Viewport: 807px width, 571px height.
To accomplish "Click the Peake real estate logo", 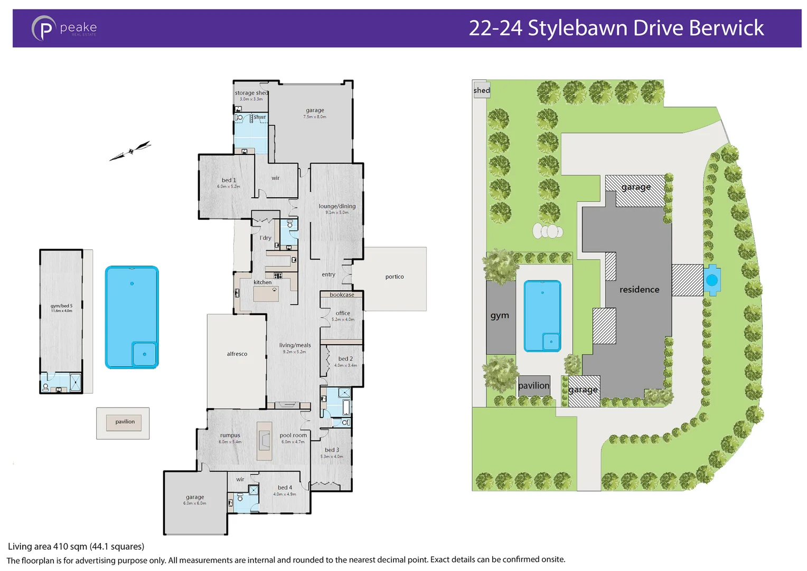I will pyautogui.click(x=64, y=28).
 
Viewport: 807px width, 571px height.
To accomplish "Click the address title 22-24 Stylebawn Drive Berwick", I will pyautogui.click(x=616, y=28).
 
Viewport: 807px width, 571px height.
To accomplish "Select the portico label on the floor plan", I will pyautogui.click(x=394, y=277).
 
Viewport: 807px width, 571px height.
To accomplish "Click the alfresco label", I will pyautogui.click(x=237, y=354).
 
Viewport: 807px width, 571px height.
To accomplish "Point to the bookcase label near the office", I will pyautogui.click(x=342, y=294).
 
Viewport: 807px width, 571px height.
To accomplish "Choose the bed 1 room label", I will pyautogui.click(x=229, y=180).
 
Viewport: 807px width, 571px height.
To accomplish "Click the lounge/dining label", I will pyautogui.click(x=337, y=206).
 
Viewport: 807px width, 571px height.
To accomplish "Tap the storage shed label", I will pyautogui.click(x=251, y=93).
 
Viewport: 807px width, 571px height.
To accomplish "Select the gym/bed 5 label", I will pyautogui.click(x=61, y=306).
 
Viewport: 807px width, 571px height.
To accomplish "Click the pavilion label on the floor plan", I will pyautogui.click(x=125, y=422).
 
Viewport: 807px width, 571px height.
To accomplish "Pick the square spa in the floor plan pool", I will pyautogui.click(x=144, y=354).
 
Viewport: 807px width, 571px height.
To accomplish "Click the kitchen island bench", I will pyautogui.click(x=266, y=293).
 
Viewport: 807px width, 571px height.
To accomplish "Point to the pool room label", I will pyautogui.click(x=293, y=435).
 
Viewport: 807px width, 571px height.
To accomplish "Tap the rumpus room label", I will pyautogui.click(x=230, y=435).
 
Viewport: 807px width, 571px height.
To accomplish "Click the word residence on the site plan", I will pyautogui.click(x=639, y=290).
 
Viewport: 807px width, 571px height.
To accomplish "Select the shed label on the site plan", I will pyautogui.click(x=481, y=90).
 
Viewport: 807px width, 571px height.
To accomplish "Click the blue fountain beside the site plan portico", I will pyautogui.click(x=711, y=280).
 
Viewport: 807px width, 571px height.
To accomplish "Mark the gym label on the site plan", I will pyautogui.click(x=500, y=316).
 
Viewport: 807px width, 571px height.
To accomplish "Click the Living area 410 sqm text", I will pyautogui.click(x=76, y=546).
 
